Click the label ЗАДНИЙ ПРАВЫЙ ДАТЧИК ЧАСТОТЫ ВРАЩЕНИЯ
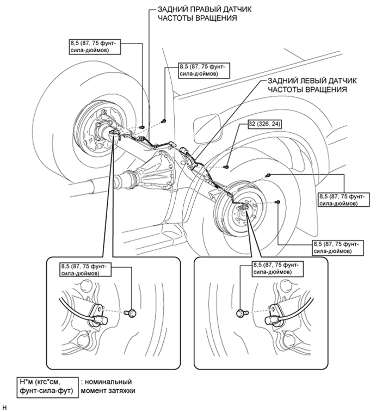(205, 14)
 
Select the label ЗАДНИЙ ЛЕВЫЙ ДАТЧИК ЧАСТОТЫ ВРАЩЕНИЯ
(312, 85)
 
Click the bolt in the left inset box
(131, 313)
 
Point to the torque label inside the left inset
(84, 270)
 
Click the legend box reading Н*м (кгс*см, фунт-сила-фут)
(47, 387)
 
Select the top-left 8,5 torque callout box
(95, 47)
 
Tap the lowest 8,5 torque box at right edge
(338, 248)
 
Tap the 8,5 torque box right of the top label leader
(204, 70)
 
